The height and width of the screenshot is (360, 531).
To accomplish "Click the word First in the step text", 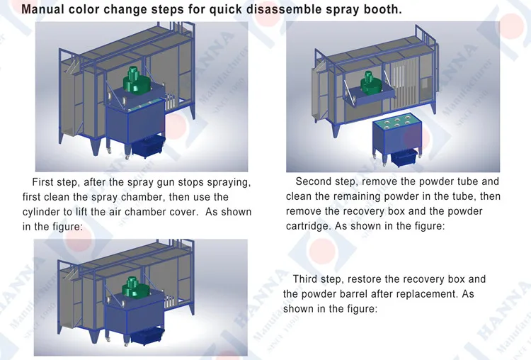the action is [44, 182].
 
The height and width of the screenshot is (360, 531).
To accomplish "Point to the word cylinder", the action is [44, 212].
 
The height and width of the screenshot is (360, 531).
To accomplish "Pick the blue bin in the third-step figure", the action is [149, 344].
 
